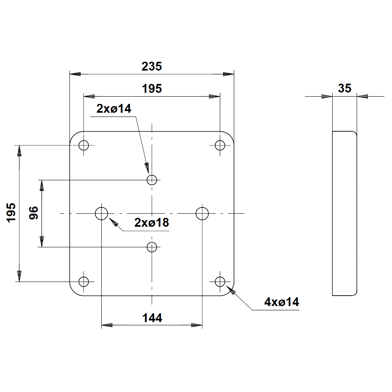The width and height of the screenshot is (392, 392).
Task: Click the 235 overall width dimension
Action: point(152,66)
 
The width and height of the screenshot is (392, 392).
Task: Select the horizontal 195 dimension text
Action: point(152,89)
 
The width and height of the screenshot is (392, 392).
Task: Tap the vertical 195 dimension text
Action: point(11,213)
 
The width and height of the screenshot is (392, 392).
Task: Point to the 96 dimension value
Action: point(34,213)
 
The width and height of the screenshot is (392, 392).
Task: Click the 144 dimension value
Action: point(152,318)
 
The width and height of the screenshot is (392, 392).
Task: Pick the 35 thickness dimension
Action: point(345,88)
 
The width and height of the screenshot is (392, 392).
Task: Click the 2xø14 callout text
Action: point(114,109)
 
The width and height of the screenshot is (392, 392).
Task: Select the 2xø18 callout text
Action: point(152,222)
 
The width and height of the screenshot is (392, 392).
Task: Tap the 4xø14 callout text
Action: point(282,302)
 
